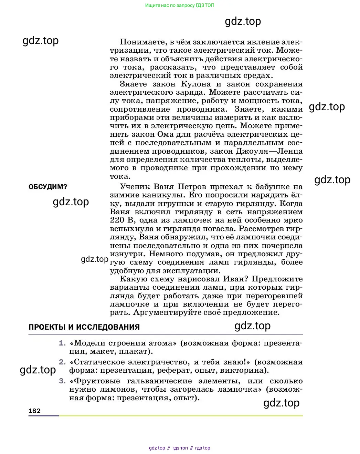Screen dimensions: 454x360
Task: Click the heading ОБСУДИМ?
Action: pos(48,187)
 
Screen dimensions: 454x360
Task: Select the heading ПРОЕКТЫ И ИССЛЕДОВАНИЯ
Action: pos(84,327)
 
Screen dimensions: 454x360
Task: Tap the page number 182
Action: pos(34,411)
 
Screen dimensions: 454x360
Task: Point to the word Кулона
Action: pos(196,84)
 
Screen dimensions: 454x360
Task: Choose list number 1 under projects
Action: pos(62,343)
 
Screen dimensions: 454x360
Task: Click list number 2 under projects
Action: pos(62,362)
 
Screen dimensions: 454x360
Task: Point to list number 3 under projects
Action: pos(62,381)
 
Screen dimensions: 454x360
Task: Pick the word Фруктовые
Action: pos(97,381)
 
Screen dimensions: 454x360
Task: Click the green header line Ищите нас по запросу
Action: pos(180,5)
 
